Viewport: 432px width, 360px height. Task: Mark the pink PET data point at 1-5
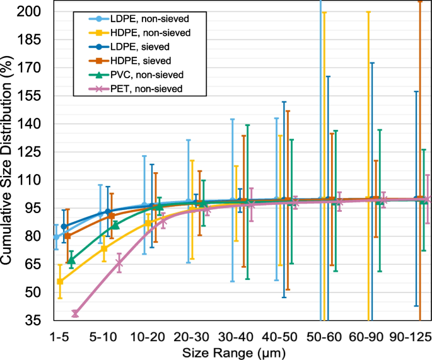coord(75,314)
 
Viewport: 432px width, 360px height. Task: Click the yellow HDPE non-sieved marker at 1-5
coord(60,281)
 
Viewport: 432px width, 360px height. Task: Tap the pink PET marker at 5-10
coord(119,264)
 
